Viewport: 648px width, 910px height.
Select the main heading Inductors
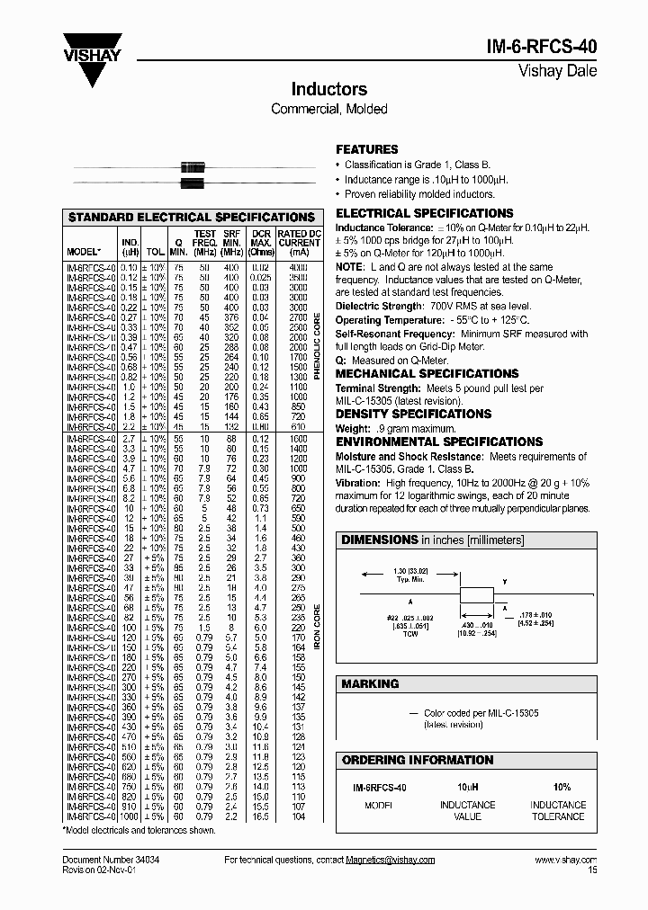pos(328,90)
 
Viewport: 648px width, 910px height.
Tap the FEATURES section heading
pos(366,149)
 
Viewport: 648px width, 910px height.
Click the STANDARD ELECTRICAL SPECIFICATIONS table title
pos(192,218)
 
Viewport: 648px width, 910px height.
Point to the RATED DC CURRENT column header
pos(299,243)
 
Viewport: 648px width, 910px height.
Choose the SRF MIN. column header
pos(231,243)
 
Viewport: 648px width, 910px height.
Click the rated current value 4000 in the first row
pos(298,268)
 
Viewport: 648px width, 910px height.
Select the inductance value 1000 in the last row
pos(130,816)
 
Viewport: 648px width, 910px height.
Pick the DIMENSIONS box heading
pos(376,540)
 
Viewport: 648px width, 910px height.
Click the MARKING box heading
pos(370,684)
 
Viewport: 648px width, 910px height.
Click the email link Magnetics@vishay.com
pos(390,861)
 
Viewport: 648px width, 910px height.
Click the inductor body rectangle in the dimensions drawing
pos(477,594)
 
